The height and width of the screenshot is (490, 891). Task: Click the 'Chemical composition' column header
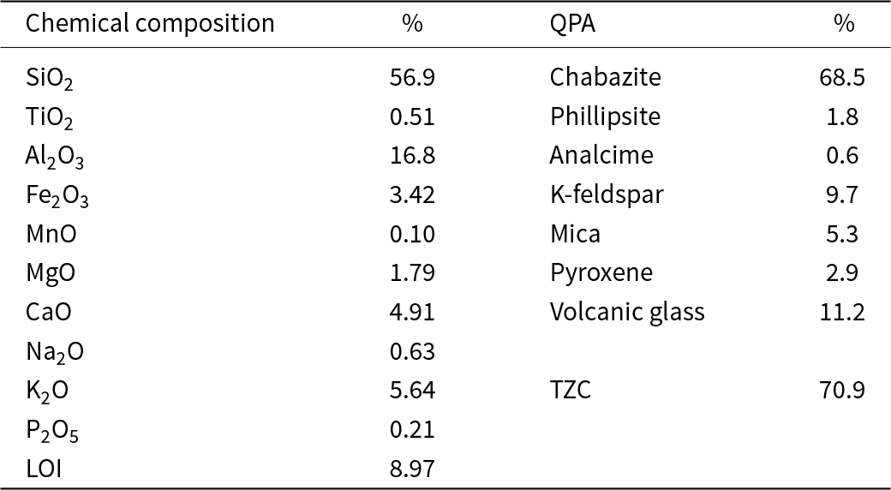pyautogui.click(x=150, y=24)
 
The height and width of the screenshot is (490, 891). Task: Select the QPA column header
pyautogui.click(x=572, y=24)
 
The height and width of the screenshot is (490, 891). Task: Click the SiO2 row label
pyautogui.click(x=50, y=78)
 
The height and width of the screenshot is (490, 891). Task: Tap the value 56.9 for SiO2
pyautogui.click(x=412, y=77)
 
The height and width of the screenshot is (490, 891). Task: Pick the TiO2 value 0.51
pyautogui.click(x=412, y=117)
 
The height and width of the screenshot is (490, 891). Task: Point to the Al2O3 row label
pyautogui.click(x=55, y=156)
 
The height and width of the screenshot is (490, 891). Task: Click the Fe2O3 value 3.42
pyautogui.click(x=412, y=194)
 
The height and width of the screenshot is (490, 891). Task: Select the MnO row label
pyautogui.click(x=51, y=234)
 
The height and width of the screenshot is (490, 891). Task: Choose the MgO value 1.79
pyautogui.click(x=412, y=273)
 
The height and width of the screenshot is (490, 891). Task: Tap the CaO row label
pyautogui.click(x=48, y=312)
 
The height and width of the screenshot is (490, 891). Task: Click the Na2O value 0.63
pyautogui.click(x=412, y=351)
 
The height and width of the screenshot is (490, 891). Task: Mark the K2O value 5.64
pyautogui.click(x=412, y=391)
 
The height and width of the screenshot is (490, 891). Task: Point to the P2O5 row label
pyautogui.click(x=52, y=430)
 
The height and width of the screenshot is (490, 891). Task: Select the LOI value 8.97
pyautogui.click(x=412, y=469)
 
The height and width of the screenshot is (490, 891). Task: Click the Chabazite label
pyautogui.click(x=605, y=77)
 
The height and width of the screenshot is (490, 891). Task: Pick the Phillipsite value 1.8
pyautogui.click(x=844, y=117)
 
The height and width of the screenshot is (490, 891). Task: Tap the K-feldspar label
pyautogui.click(x=606, y=194)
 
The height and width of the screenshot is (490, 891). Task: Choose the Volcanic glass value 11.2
pyautogui.click(x=842, y=312)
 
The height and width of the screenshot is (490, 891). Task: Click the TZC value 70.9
pyautogui.click(x=842, y=391)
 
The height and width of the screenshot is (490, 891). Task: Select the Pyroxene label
pyautogui.click(x=601, y=273)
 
